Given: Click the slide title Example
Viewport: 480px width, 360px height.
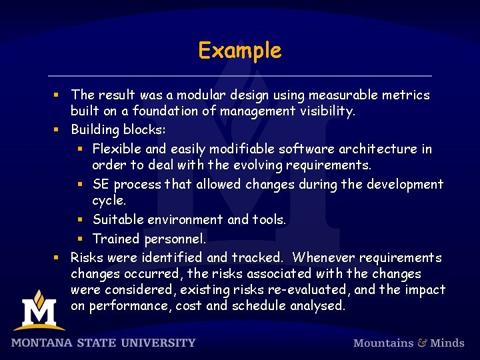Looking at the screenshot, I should pos(240,51).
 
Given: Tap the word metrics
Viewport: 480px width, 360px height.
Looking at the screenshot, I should pos(406,95).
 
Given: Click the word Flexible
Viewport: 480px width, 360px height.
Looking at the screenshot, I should pos(117,149).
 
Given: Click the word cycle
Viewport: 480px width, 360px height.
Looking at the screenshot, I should pos(107,200).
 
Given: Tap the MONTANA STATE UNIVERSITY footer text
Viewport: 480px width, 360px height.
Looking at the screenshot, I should pos(103,343).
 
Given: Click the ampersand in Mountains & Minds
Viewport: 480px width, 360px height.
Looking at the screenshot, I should pos(422,343).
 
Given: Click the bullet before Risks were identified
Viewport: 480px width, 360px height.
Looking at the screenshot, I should pos(57,257).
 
